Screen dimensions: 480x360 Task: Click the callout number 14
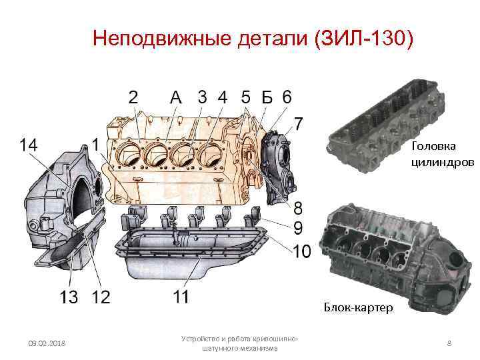pyautogui.click(x=29, y=145)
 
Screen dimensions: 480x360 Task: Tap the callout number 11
pyautogui.click(x=181, y=296)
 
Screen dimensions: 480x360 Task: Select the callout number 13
pyautogui.click(x=69, y=297)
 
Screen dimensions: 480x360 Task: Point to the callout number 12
pyautogui.click(x=101, y=297)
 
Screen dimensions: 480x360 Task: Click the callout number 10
pyautogui.click(x=302, y=251)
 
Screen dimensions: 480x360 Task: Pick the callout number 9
pyautogui.click(x=298, y=228)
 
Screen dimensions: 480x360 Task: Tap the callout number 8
pyautogui.click(x=297, y=208)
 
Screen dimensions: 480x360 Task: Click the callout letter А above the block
pyautogui.click(x=176, y=97)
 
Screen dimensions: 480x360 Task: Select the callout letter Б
pyautogui.click(x=267, y=97)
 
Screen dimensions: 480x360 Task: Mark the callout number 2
pyautogui.click(x=133, y=97)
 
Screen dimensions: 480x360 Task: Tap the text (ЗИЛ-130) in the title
pyautogui.click(x=364, y=39)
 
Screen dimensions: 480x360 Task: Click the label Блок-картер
pyautogui.click(x=358, y=307)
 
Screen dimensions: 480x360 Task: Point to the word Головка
pyautogui.click(x=433, y=146)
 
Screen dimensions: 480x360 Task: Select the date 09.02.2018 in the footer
pyautogui.click(x=47, y=343)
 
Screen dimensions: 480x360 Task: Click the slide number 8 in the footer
pyautogui.click(x=449, y=343)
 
